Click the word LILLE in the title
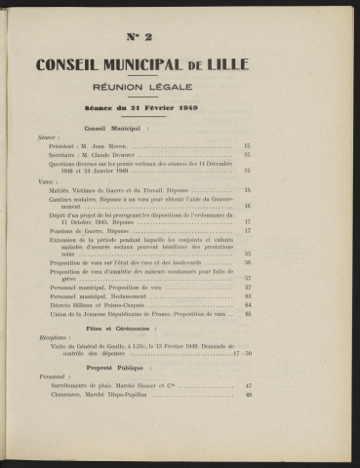[x=224, y=66]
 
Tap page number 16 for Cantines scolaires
[x=248, y=207]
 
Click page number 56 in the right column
[x=248, y=262]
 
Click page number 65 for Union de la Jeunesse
[x=248, y=314]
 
